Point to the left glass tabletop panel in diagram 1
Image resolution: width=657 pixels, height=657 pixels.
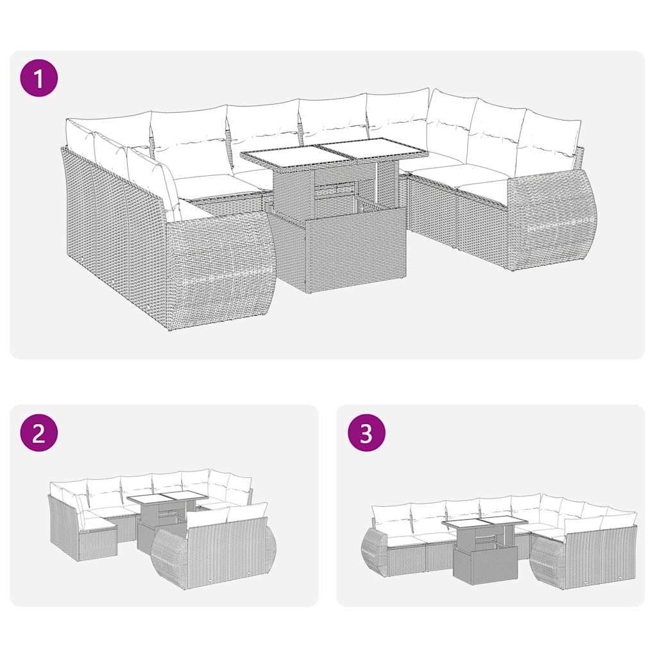coord(286,154)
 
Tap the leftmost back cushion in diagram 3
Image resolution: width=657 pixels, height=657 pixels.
coord(391,518)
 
